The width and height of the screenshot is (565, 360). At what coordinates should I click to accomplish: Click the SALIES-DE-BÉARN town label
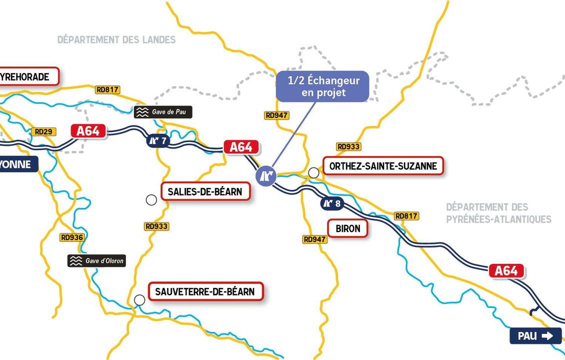[205, 191]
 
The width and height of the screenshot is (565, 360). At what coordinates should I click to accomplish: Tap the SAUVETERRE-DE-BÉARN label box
[206, 291]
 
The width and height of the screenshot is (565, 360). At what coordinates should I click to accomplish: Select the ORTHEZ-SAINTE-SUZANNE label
[383, 166]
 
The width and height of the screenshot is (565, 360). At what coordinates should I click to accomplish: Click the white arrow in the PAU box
[547, 336]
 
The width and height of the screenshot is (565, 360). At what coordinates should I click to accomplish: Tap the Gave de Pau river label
[162, 112]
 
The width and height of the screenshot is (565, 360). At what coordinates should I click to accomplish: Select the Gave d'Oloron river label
[96, 260]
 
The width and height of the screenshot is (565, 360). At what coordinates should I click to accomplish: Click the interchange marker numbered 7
[157, 141]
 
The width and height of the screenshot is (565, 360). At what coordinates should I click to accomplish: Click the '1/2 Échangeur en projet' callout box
[323, 86]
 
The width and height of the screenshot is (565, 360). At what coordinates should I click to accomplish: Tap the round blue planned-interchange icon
[265, 176]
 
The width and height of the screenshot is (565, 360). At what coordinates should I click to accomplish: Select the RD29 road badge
[43, 132]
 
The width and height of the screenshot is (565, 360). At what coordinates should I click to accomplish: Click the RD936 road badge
[72, 237]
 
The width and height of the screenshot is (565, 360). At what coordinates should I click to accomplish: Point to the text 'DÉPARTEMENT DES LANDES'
[116, 39]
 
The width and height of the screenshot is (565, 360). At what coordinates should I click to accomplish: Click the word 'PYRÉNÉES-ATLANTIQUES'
[498, 219]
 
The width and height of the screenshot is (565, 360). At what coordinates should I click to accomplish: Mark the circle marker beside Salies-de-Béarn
[151, 200]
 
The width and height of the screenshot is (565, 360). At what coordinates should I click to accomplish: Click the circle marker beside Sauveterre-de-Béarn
[139, 299]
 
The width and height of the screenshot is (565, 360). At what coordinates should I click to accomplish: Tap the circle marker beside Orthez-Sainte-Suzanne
[313, 172]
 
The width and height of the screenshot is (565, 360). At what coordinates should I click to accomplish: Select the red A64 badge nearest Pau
[506, 270]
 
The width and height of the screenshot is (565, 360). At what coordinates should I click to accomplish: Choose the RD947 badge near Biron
[315, 239]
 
